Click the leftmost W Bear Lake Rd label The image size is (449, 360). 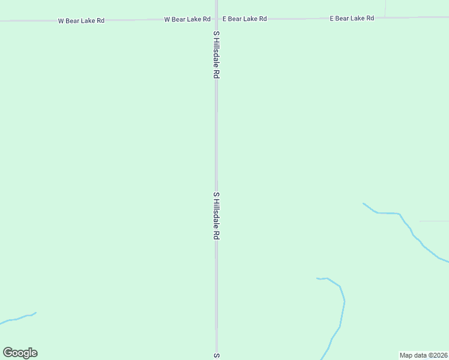tap(81, 20)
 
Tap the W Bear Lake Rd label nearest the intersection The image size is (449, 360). tap(187, 19)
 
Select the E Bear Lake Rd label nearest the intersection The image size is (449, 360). tap(244, 19)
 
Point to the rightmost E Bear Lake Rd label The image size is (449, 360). tap(352, 18)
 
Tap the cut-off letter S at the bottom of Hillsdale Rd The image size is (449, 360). tap(217, 356)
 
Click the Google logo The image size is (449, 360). tap(20, 353)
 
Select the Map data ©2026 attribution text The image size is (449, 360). tap(424, 355)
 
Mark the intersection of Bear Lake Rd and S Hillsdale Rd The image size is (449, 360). tap(217, 19)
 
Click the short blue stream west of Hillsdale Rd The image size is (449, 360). tap(18, 318)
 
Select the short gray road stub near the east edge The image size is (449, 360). tap(433, 221)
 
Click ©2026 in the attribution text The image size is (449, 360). tap(438, 355)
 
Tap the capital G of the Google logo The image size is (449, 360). tap(8, 353)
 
